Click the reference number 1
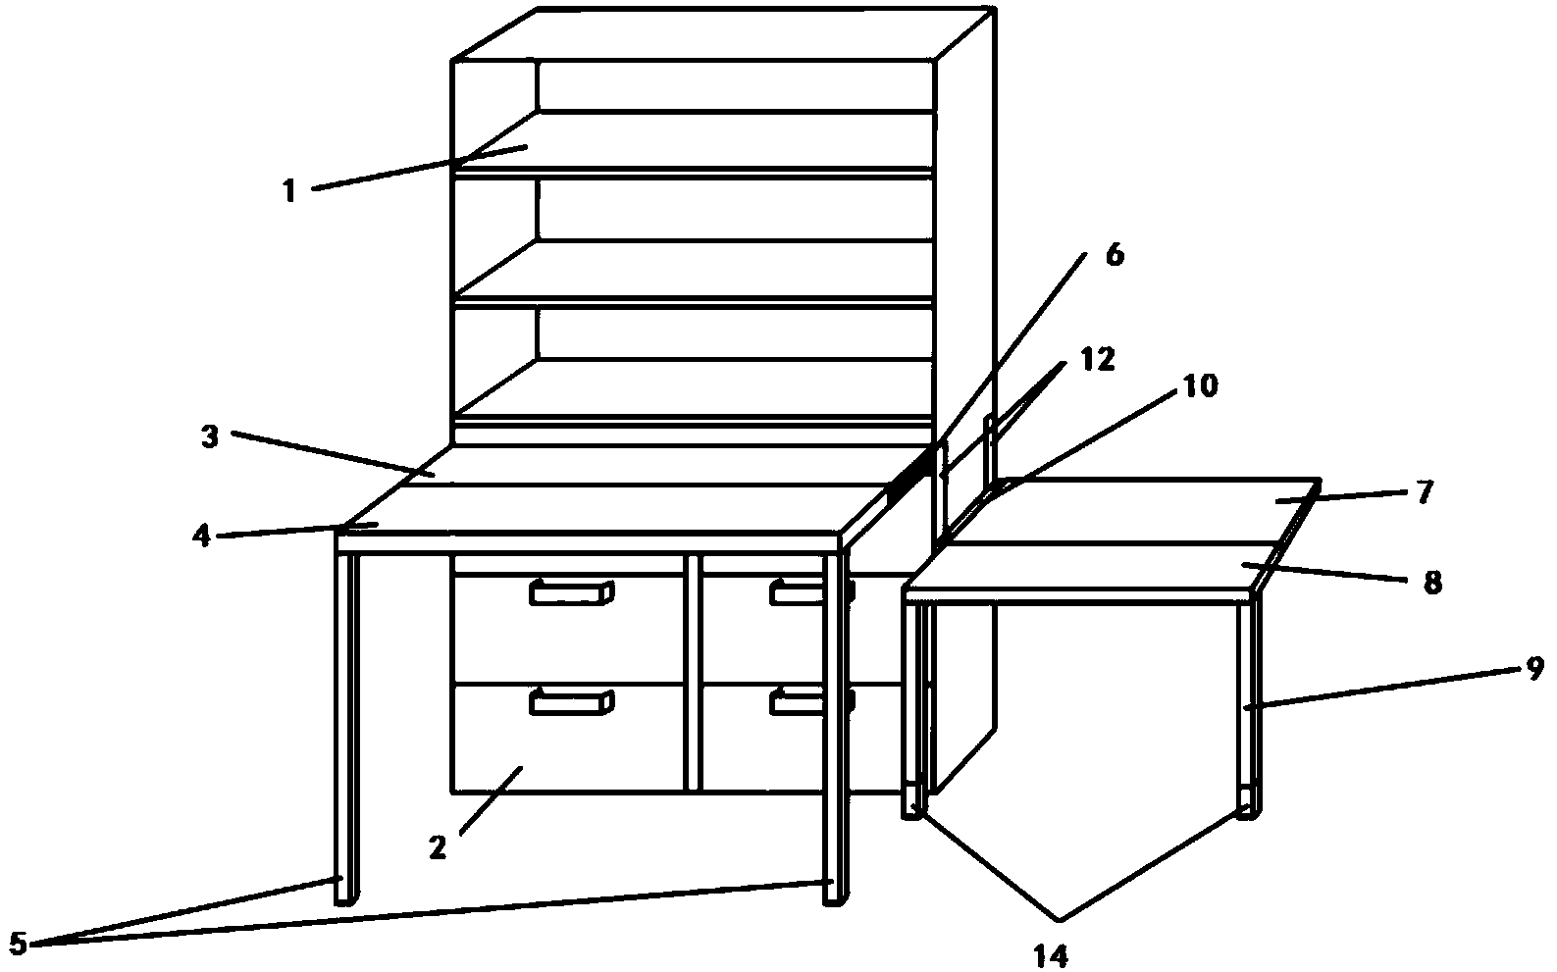289,190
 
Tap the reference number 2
438,845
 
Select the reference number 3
209,437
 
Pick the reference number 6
1114,255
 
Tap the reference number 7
1426,490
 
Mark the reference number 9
1534,669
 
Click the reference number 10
1200,386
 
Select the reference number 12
1099,360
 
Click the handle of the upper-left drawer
571,591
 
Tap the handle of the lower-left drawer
571,701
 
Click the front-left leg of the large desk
346,726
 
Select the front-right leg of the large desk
834,726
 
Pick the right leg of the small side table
1247,706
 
